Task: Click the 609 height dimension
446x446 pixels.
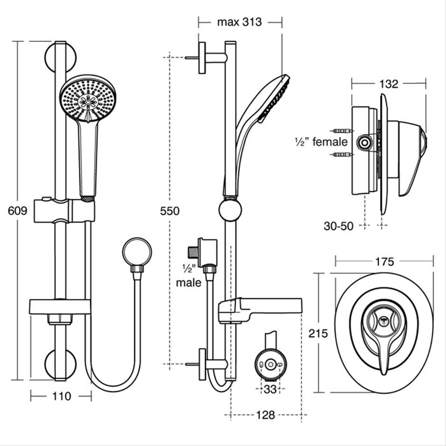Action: [18, 211]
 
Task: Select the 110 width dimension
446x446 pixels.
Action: [60, 396]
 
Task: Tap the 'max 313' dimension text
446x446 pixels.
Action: [239, 22]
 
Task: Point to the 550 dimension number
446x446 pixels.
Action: [170, 211]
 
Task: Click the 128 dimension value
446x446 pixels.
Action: [265, 415]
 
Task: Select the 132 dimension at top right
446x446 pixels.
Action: [389, 84]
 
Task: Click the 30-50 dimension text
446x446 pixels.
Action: [339, 226]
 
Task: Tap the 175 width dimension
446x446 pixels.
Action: [384, 261]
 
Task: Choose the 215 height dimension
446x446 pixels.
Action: [318, 334]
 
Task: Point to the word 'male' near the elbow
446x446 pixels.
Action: [189, 283]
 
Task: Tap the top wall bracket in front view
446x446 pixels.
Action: [60, 57]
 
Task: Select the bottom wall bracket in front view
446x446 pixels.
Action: [60, 364]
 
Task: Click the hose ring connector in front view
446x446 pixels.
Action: [137, 251]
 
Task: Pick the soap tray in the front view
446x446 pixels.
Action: [60, 307]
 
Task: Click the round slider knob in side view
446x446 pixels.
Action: [231, 209]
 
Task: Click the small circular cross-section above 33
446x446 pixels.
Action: [270, 365]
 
